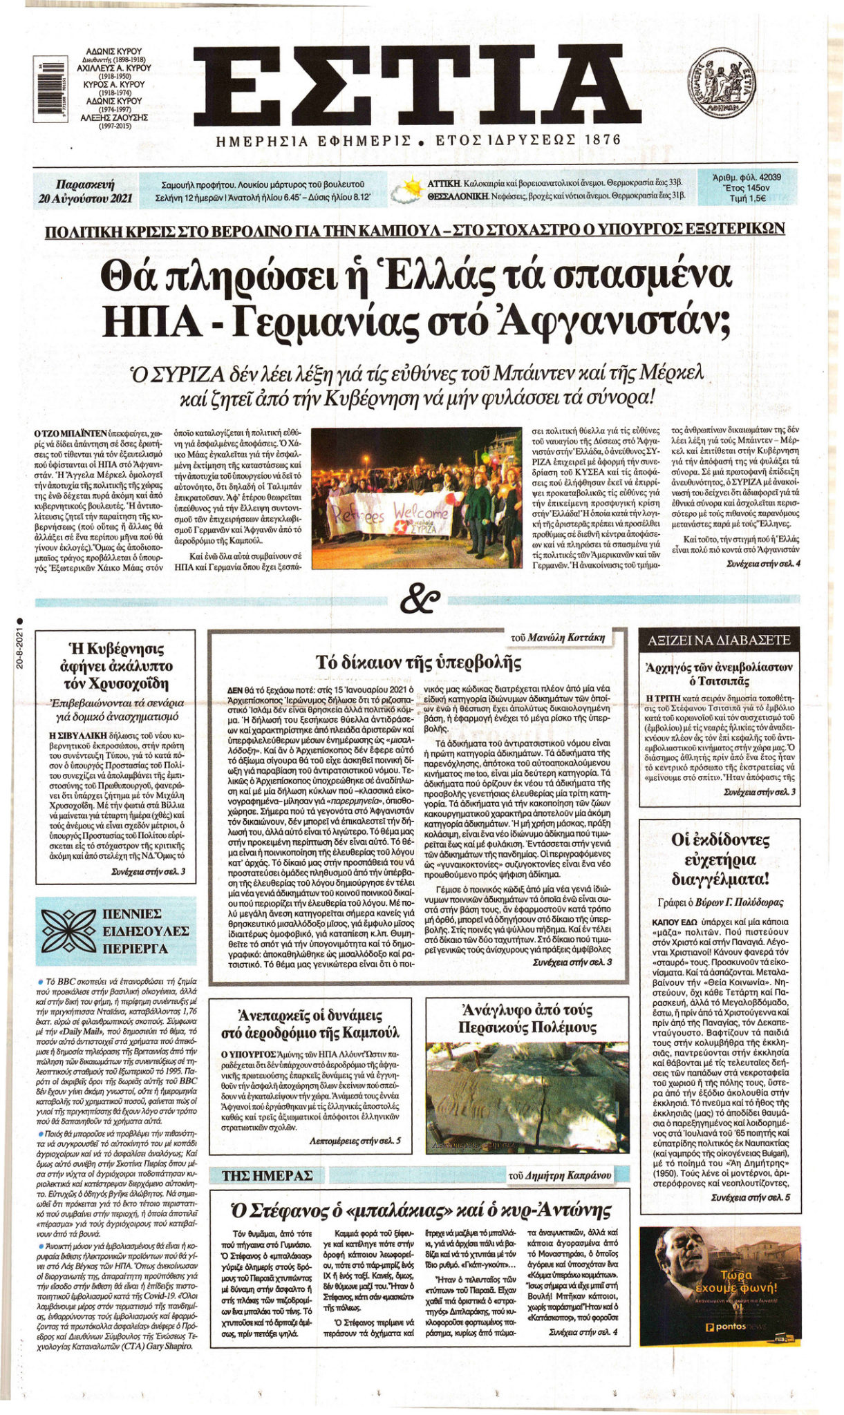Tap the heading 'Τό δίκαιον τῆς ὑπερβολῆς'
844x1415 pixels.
coord(418,661)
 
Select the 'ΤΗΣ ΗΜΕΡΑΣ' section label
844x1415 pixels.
coord(267,1175)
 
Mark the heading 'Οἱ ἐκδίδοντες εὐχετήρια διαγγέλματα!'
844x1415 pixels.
coord(720,860)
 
